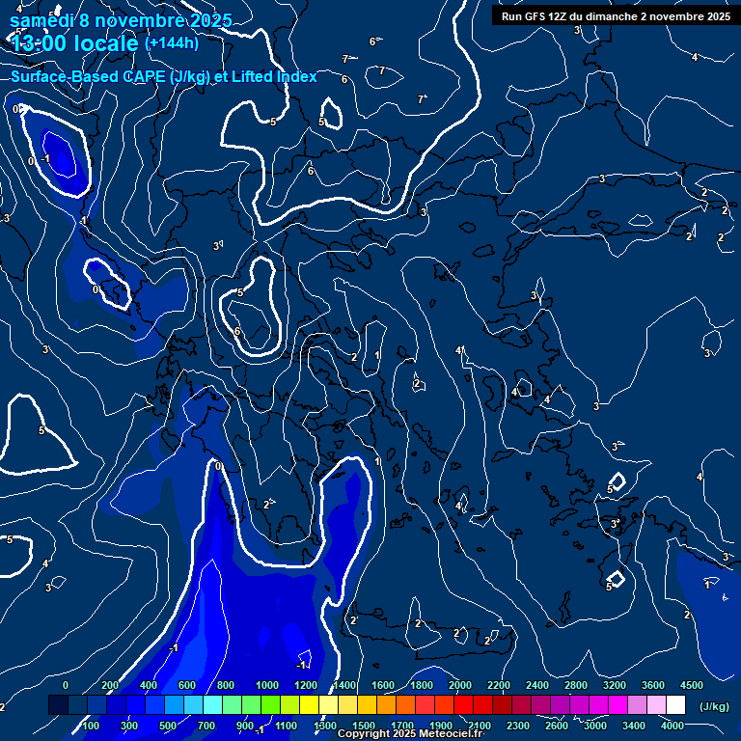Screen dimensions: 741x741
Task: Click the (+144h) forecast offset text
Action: click(x=172, y=42)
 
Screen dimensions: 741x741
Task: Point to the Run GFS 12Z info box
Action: click(x=613, y=15)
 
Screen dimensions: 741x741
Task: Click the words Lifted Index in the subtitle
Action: click(x=272, y=76)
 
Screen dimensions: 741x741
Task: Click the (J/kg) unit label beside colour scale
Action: click(x=713, y=706)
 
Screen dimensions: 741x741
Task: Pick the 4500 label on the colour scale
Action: click(x=691, y=685)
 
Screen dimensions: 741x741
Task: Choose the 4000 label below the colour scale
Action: click(x=673, y=726)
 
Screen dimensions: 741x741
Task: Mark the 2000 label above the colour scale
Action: click(x=461, y=685)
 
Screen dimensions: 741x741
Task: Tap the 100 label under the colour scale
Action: click(x=91, y=726)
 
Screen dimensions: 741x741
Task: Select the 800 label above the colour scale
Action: click(x=226, y=685)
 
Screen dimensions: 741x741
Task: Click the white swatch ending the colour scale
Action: click(x=675, y=705)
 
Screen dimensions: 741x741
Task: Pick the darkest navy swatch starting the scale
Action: click(x=58, y=705)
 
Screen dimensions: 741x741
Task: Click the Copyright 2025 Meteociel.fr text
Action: click(x=410, y=734)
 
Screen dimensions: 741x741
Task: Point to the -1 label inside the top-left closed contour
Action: click(x=45, y=159)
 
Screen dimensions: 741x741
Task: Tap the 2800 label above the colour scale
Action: click(x=576, y=685)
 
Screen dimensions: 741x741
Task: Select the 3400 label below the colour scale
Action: click(x=634, y=726)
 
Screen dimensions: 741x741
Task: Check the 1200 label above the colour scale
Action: click(x=305, y=685)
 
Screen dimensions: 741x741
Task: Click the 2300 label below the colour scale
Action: click(x=518, y=726)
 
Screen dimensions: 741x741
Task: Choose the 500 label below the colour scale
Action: click(x=168, y=726)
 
